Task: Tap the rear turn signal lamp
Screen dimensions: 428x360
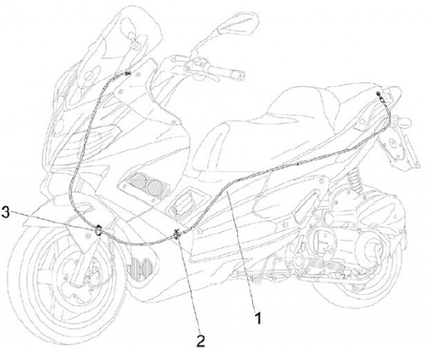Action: (x=405, y=121)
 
